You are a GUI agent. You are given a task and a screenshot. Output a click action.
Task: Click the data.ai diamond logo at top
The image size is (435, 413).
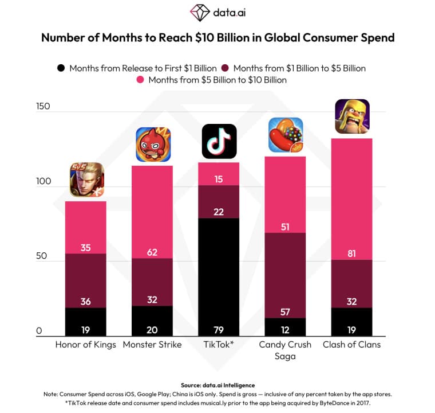tap(200, 13)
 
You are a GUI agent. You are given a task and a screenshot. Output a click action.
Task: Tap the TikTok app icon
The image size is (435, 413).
tap(219, 141)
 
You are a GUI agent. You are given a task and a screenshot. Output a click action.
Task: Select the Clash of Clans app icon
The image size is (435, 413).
tap(352, 116)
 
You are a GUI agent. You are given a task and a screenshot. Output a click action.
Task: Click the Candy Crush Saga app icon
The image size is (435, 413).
tap(286, 135)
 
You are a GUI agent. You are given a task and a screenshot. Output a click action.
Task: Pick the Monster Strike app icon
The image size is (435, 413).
tap(153, 145)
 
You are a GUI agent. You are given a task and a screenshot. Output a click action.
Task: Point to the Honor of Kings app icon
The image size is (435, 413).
tap(86, 180)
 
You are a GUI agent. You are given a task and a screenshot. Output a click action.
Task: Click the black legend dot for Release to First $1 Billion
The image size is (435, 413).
tap(61, 68)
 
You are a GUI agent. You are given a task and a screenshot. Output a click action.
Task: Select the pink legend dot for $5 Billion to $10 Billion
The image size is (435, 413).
tap(140, 80)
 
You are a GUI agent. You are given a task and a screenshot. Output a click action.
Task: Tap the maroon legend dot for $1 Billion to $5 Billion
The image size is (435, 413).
tap(225, 68)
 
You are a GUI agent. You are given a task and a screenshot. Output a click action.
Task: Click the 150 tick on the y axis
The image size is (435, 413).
tap(43, 107)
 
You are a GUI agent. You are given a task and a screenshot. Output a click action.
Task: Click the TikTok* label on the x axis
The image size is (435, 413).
tap(219, 345)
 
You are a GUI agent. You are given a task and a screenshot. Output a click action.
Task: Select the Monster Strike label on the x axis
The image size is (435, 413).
tap(153, 345)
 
